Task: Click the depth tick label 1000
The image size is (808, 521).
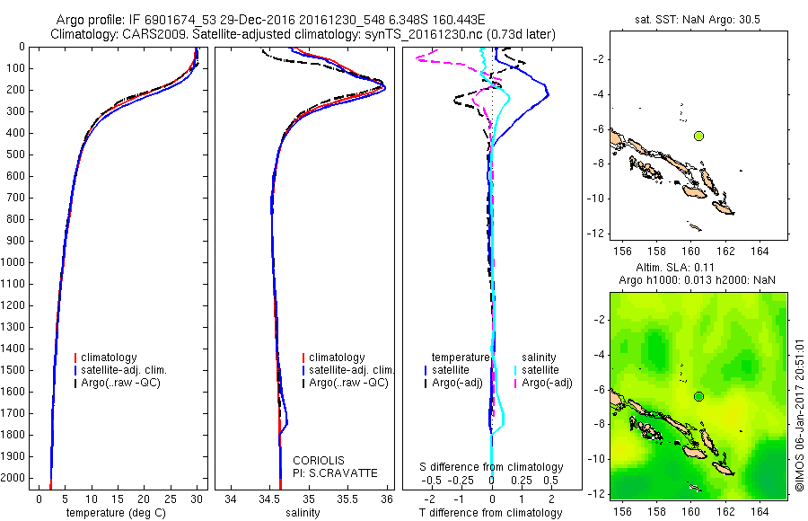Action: click(x=15, y=262)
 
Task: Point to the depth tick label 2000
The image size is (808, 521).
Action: click(x=15, y=478)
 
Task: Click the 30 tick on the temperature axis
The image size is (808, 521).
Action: click(x=197, y=497)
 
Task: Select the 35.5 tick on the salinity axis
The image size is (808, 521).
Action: click(x=347, y=497)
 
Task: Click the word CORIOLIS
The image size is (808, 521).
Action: click(x=319, y=460)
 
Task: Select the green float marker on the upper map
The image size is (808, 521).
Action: click(x=698, y=136)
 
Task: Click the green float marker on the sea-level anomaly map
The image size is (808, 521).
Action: click(x=698, y=396)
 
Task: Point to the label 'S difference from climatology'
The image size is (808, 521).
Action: click(x=492, y=467)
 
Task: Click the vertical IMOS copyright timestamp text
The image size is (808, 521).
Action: click(x=798, y=404)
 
